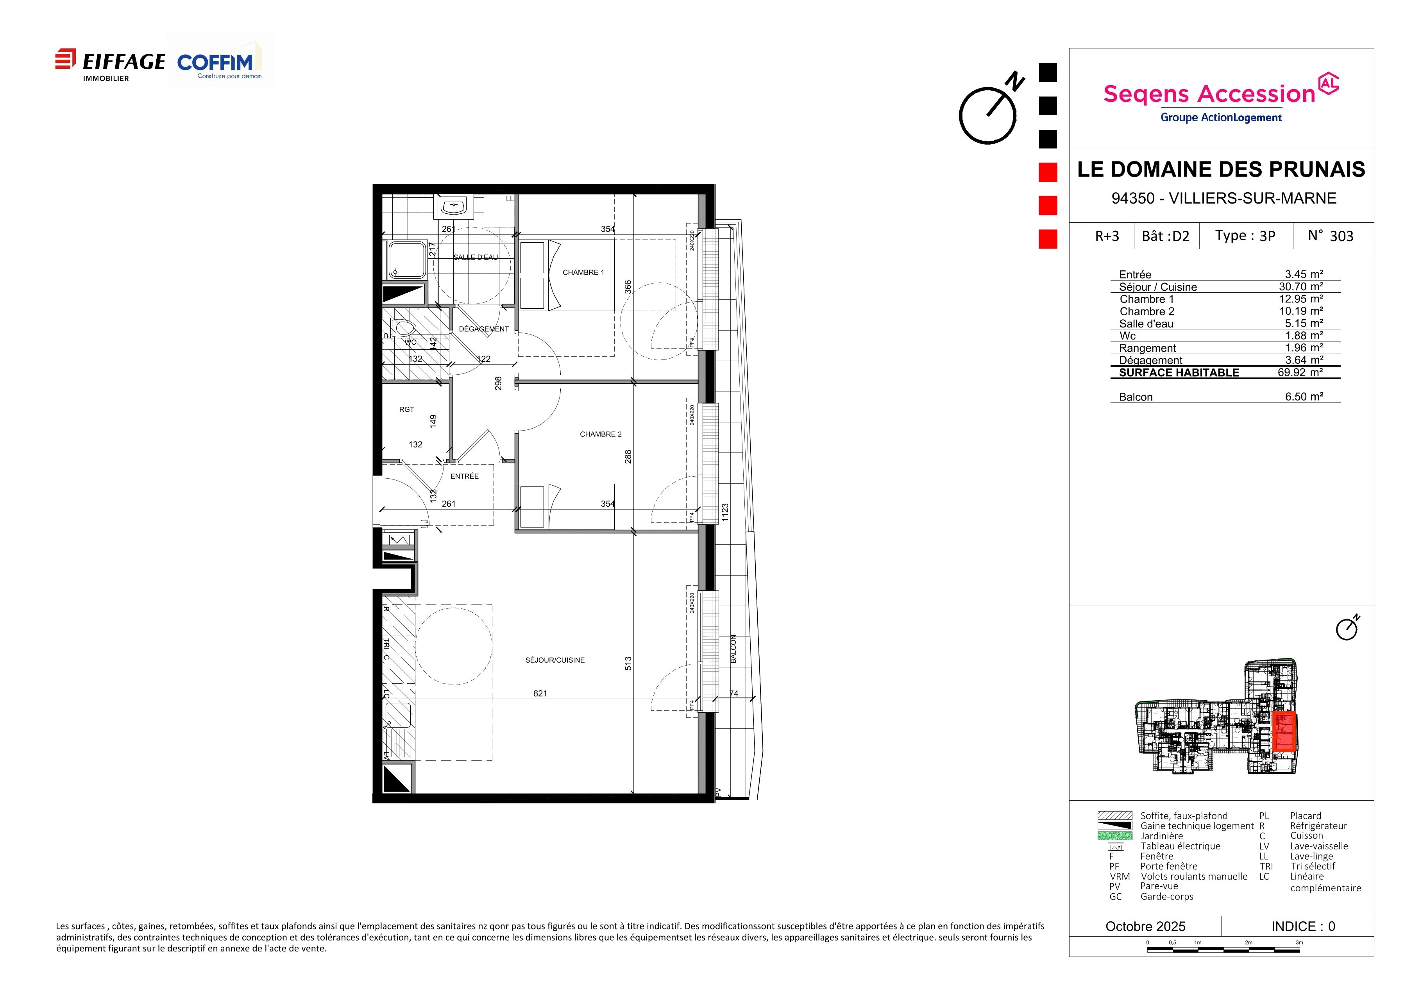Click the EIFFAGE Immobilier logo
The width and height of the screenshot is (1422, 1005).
pos(110,64)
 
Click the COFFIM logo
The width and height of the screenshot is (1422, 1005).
pos(220,62)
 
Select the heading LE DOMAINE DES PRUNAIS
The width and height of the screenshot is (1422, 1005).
pos(1221,169)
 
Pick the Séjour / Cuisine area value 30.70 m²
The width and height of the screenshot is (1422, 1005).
pos(1301,287)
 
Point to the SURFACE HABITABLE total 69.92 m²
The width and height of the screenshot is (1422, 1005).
pos(1300,372)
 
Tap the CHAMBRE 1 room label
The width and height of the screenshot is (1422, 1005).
pos(583,272)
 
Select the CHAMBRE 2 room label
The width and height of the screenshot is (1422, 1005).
pos(601,434)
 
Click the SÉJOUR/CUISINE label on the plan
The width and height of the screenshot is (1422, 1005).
pos(555,660)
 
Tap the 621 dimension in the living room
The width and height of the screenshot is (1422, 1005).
pos(540,694)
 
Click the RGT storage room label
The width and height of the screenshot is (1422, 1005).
pos(406,409)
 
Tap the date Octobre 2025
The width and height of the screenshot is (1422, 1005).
pos(1145,926)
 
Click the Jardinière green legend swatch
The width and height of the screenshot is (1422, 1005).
pos(1115,836)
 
